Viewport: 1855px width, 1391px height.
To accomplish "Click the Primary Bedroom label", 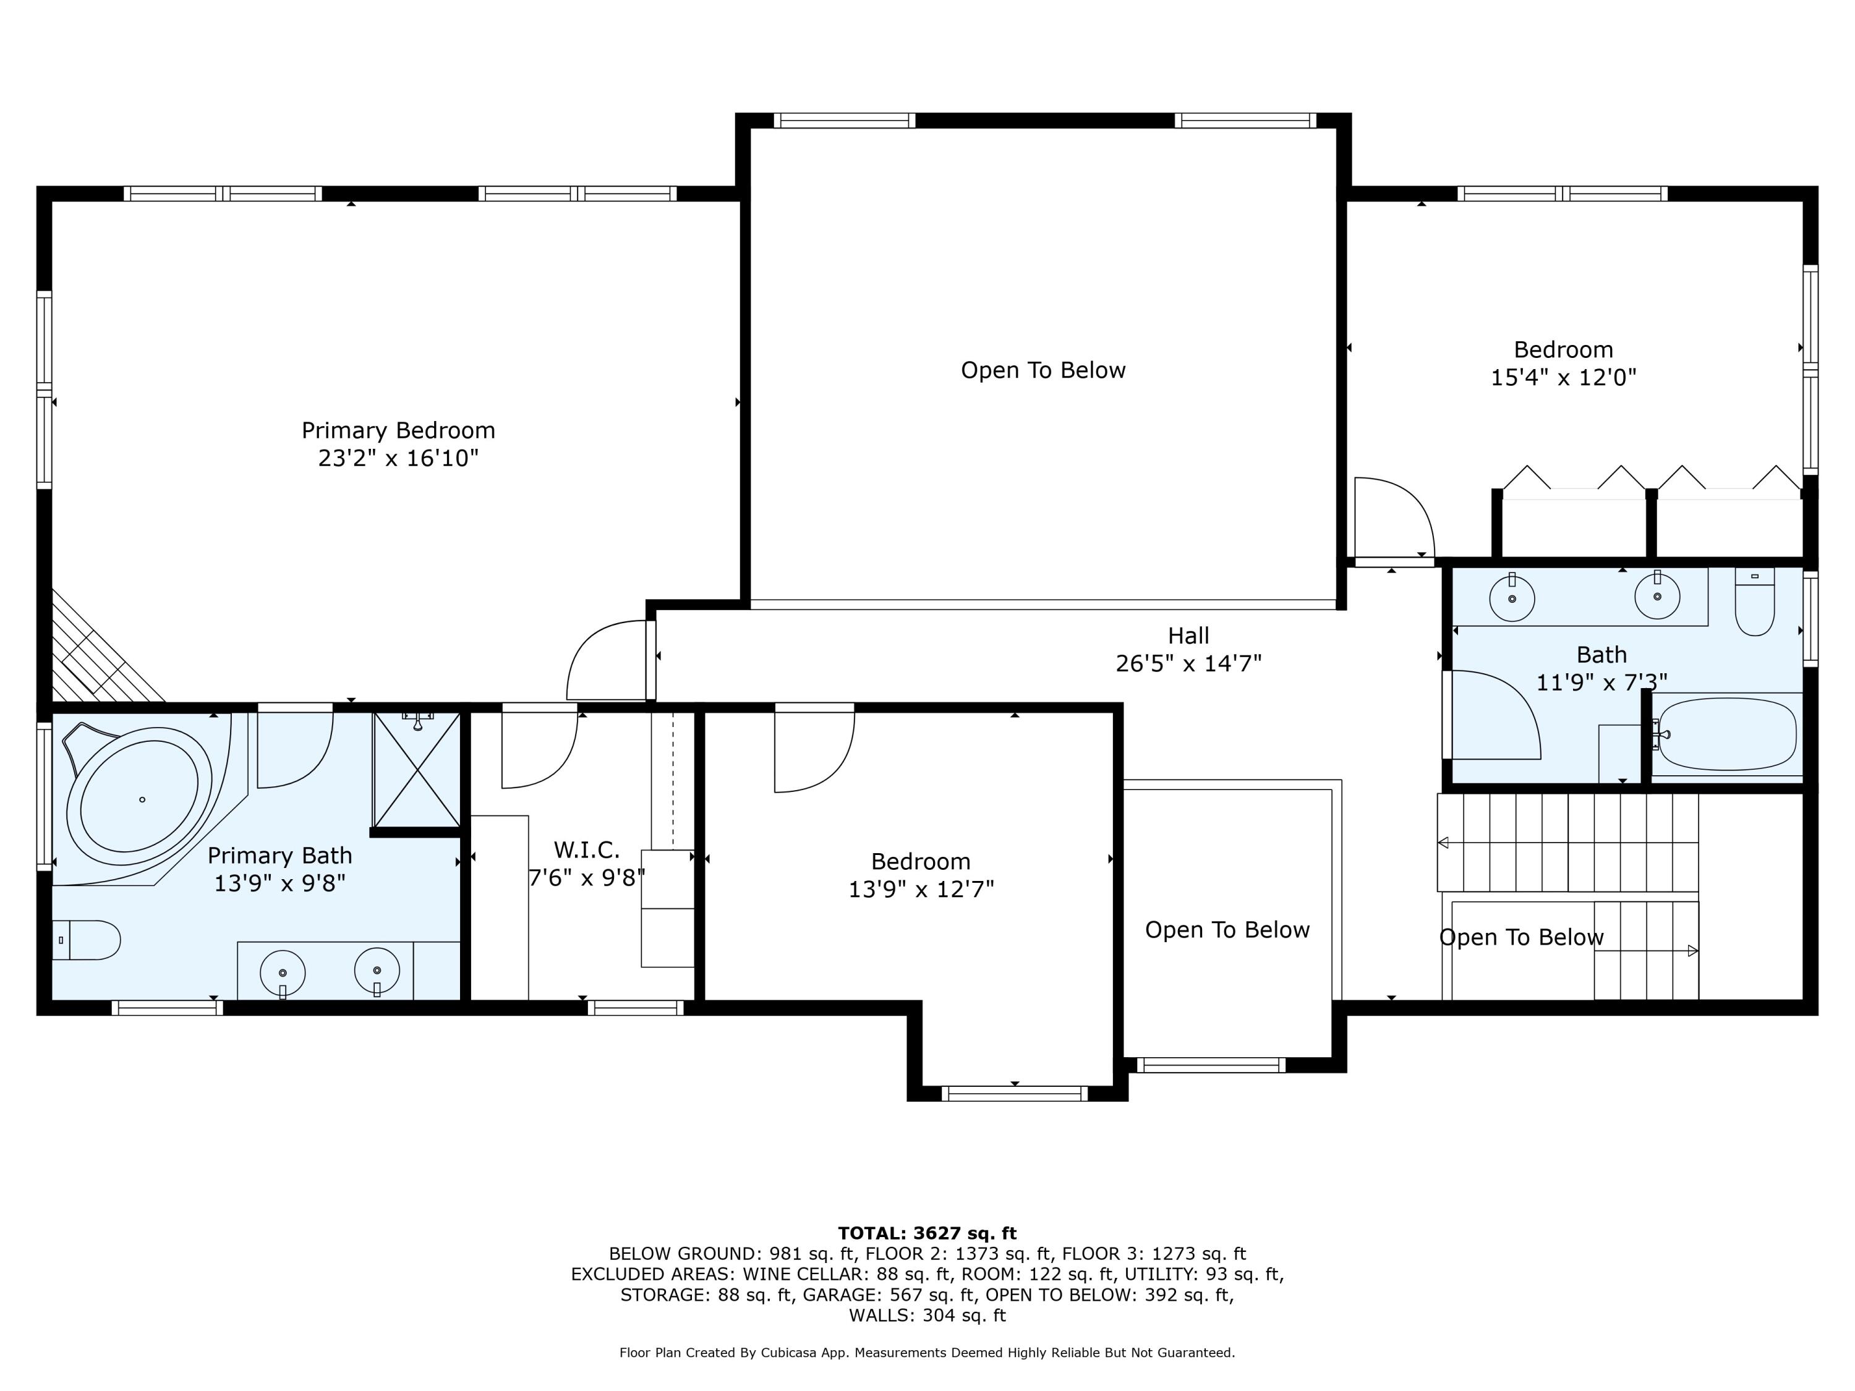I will click(x=398, y=430).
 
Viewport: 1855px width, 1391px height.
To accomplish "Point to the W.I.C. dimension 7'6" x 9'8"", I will click(x=586, y=878).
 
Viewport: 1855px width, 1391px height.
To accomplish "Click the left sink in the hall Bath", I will click(x=1511, y=598).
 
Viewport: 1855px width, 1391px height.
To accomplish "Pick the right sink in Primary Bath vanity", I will click(x=377, y=972).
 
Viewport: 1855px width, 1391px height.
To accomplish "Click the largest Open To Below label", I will click(x=1043, y=370).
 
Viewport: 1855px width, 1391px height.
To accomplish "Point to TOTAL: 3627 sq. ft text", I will click(x=927, y=1233).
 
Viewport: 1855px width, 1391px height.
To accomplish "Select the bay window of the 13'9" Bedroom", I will click(x=1014, y=1092).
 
